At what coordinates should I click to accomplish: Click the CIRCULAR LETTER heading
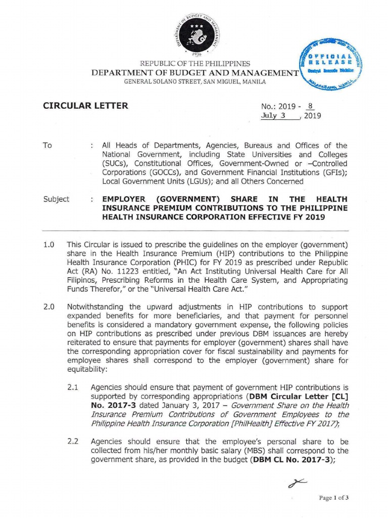(x=84, y=106)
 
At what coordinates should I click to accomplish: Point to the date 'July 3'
(x=273, y=115)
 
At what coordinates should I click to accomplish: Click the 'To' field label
(x=47, y=145)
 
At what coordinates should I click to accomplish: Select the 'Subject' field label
(x=56, y=199)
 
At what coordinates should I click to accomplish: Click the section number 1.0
(x=48, y=245)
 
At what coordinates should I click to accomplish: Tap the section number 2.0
(x=48, y=307)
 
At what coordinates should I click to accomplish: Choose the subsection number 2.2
(x=73, y=441)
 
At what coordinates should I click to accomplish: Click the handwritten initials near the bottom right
(x=297, y=485)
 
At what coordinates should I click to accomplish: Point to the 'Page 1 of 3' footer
(x=334, y=498)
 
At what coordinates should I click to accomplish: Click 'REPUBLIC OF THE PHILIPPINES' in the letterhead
(x=195, y=64)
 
